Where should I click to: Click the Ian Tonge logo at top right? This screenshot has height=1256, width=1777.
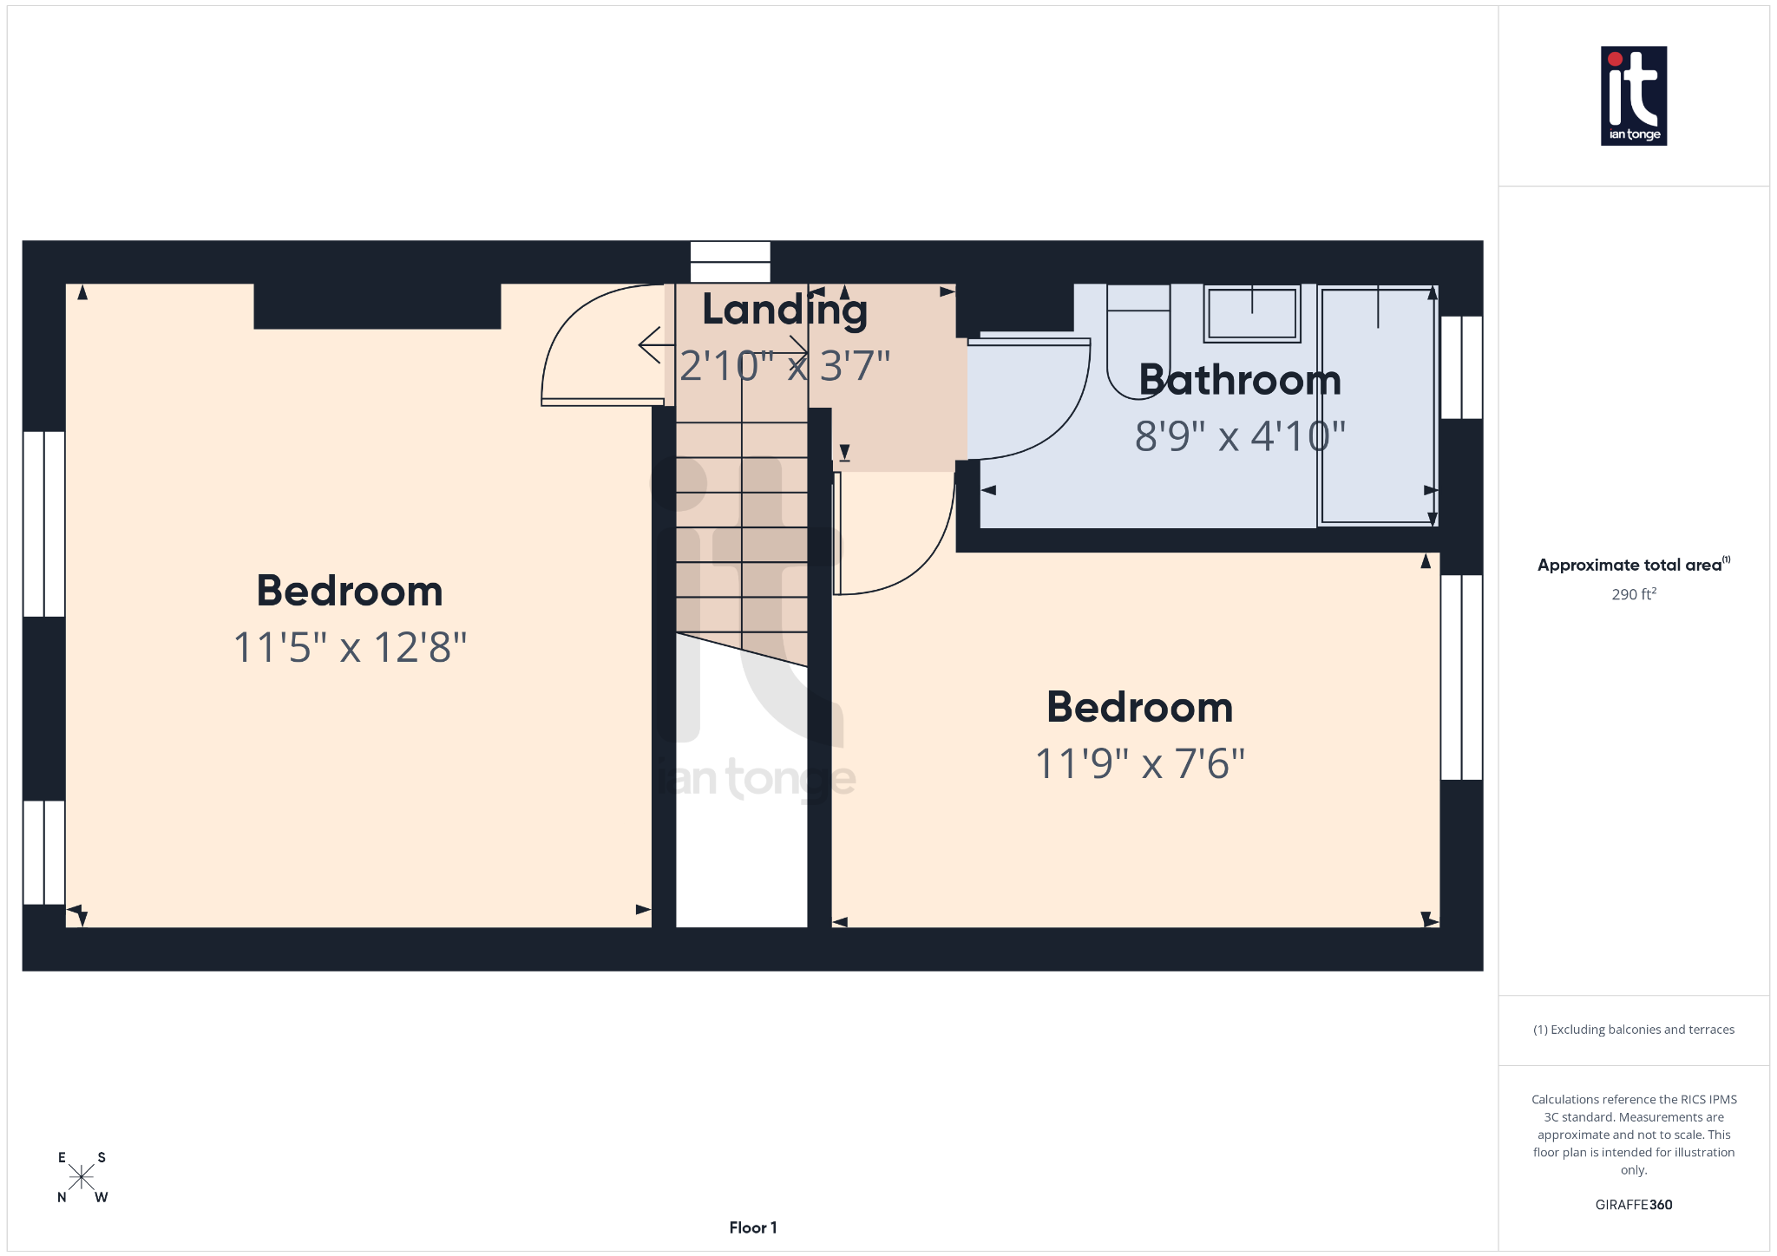click(1633, 95)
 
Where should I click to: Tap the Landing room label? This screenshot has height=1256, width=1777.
click(784, 310)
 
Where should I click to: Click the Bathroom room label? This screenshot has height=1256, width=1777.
click(1240, 380)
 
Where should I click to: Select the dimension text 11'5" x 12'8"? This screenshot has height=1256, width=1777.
click(350, 647)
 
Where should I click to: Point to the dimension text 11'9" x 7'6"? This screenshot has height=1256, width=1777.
click(1140, 763)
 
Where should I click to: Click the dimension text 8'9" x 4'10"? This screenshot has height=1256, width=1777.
click(1240, 436)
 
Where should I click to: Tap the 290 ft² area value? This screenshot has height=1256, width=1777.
click(1633, 594)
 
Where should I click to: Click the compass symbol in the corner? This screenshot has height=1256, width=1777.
click(82, 1177)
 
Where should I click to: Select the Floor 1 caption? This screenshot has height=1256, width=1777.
click(752, 1227)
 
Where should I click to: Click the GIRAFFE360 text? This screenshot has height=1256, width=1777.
click(1633, 1204)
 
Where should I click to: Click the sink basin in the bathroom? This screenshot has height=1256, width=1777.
click(1252, 313)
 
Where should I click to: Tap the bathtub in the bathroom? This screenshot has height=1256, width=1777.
click(1377, 406)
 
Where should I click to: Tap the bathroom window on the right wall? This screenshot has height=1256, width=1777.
click(1461, 367)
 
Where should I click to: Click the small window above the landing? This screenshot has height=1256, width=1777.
click(730, 262)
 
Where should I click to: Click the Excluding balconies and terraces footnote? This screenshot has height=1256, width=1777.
click(1633, 1030)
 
